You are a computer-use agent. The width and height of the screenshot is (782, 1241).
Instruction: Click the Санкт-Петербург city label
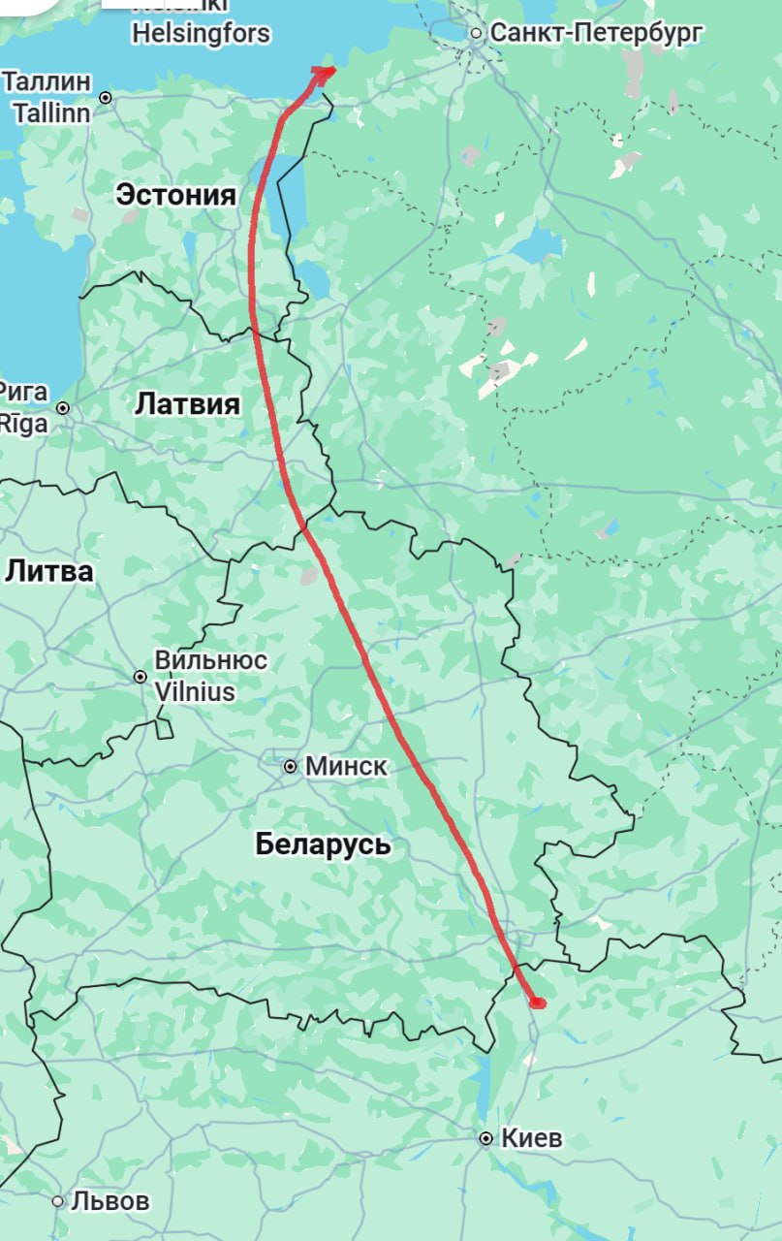click(596, 33)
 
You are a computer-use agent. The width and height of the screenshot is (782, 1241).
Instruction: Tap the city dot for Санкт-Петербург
click(476, 34)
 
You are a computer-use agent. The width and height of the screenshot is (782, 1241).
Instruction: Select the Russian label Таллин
click(47, 81)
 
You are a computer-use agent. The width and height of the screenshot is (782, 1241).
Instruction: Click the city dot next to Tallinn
click(106, 98)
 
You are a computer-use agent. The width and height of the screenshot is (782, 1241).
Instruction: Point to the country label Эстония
click(175, 195)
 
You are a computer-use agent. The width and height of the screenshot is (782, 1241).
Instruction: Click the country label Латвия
click(187, 403)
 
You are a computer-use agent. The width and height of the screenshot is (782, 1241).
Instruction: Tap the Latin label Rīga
click(23, 424)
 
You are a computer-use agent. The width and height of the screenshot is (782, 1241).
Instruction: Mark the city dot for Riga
click(63, 408)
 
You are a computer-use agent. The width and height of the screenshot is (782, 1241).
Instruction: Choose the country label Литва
click(49, 571)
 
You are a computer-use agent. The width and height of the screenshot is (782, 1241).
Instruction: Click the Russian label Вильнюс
click(211, 661)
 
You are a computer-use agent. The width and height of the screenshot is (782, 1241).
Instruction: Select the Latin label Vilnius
click(195, 692)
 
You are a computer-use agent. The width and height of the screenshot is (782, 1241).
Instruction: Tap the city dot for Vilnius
click(141, 677)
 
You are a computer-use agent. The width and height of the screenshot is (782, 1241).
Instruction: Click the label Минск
click(346, 767)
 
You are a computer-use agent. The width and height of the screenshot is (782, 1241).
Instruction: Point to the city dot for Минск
click(290, 767)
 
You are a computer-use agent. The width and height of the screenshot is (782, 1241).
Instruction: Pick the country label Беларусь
click(324, 844)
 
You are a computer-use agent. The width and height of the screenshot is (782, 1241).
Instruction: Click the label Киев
click(531, 1139)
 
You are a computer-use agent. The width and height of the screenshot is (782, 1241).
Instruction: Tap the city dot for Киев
click(485, 1139)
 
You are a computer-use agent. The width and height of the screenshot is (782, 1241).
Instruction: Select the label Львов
click(111, 1201)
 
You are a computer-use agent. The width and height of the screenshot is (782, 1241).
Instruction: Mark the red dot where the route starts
click(538, 1002)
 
